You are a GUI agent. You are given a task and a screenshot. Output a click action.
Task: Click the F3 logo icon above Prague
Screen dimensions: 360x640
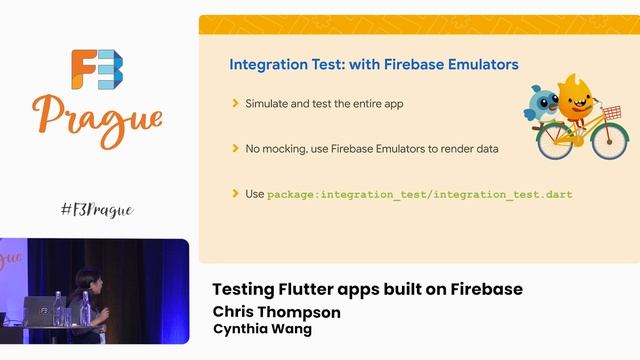[97, 70]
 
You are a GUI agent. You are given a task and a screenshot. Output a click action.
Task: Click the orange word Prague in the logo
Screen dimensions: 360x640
[97, 119]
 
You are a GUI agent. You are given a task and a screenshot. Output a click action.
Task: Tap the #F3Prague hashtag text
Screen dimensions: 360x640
[96, 209]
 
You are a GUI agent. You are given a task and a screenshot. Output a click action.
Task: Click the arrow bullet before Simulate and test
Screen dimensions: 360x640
[235, 103]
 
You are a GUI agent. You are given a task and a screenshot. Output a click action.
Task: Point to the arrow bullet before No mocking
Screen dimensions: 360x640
[235, 148]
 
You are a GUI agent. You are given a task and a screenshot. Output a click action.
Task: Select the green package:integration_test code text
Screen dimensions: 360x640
[420, 194]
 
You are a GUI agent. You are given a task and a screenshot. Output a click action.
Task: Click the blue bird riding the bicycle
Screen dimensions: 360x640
[545, 101]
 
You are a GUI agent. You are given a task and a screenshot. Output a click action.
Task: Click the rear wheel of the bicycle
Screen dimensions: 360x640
[554, 142]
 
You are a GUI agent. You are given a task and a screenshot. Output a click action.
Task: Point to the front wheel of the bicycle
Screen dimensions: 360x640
[611, 142]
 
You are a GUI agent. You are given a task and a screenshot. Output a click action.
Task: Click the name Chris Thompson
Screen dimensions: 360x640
[276, 312]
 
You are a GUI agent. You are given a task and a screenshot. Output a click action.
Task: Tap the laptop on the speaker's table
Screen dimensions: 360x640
[39, 311]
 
